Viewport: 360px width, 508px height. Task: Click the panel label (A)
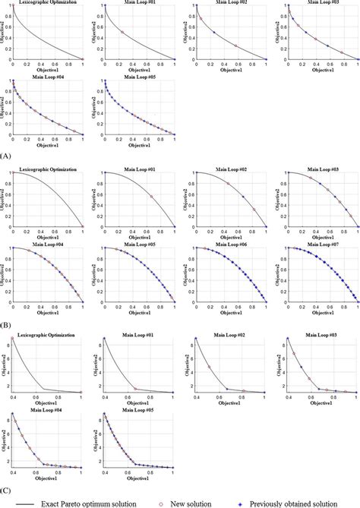(x=7, y=154)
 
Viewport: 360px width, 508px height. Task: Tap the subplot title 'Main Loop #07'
(x=324, y=245)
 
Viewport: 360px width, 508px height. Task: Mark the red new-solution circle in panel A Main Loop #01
(x=122, y=33)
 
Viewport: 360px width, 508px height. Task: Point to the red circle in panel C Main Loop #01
(x=135, y=390)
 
